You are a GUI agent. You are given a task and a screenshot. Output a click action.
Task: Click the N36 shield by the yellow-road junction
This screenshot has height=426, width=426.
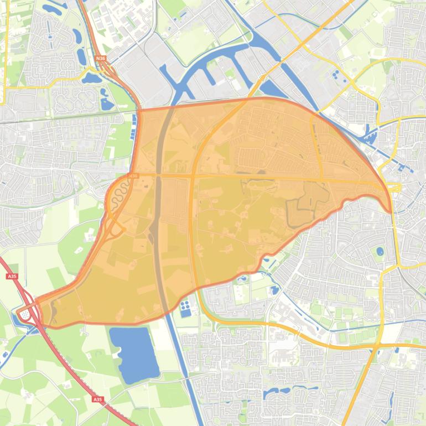click(x=100, y=58)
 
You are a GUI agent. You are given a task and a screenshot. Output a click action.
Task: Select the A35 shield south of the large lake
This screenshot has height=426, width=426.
click(x=98, y=399)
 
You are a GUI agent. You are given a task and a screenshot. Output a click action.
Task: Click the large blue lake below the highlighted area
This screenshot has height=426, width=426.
click(x=133, y=354)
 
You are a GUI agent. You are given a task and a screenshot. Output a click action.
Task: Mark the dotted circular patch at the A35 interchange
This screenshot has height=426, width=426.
click(x=25, y=315)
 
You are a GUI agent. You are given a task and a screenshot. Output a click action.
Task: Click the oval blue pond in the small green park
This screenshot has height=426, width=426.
click(x=380, y=251)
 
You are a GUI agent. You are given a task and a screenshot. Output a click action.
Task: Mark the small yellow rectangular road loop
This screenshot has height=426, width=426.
click(x=394, y=188)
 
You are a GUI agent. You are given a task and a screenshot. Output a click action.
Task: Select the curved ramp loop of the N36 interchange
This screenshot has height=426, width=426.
click(x=117, y=227)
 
